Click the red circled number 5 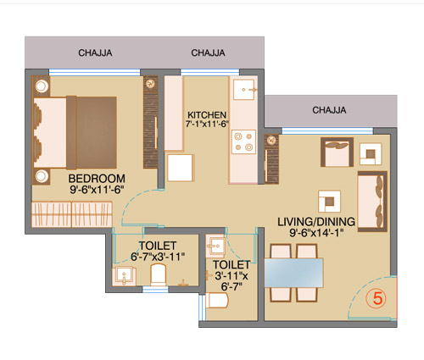(x=378, y=298)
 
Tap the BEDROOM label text (x=97, y=179)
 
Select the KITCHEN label (x=207, y=115)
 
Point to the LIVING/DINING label (x=316, y=222)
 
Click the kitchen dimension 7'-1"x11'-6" (x=207, y=124)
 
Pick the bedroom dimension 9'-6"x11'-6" (x=97, y=190)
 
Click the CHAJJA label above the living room (x=329, y=110)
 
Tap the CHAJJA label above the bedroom (x=95, y=53)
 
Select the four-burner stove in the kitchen (x=243, y=141)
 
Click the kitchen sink (x=244, y=90)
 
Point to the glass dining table (x=293, y=273)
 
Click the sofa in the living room (x=372, y=202)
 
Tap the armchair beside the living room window (x=337, y=152)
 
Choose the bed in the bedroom (x=75, y=133)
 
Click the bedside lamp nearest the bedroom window (x=42, y=86)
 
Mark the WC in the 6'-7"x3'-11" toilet (x=158, y=274)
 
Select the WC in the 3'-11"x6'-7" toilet (x=217, y=301)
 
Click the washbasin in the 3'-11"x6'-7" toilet (x=215, y=246)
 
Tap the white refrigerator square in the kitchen (x=181, y=168)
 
